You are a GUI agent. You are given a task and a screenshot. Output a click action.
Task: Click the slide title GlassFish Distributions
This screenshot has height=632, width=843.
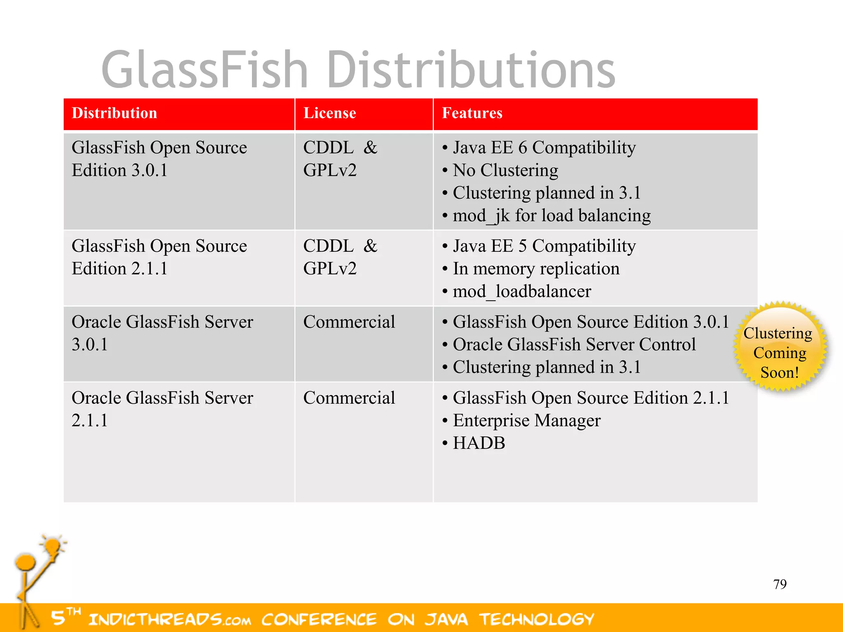click(358, 70)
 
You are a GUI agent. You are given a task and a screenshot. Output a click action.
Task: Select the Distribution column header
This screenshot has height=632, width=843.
click(114, 113)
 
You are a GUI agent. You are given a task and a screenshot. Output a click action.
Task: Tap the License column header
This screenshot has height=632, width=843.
click(329, 113)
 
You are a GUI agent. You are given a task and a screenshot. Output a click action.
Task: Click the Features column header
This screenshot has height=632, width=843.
click(472, 113)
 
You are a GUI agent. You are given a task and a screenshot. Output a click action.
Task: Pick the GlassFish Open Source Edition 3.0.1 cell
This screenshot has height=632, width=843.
click(159, 159)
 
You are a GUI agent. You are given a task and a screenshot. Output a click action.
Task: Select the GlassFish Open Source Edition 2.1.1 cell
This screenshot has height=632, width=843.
click(159, 257)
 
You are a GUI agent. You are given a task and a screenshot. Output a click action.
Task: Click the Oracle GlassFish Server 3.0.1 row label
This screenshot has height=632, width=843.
click(162, 333)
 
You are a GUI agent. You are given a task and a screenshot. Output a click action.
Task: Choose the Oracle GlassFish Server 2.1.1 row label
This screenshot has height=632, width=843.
click(162, 409)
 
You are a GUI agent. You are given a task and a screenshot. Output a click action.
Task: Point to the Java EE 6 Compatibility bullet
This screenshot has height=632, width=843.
click(544, 148)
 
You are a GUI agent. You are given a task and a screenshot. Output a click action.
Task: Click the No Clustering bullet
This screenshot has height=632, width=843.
click(505, 170)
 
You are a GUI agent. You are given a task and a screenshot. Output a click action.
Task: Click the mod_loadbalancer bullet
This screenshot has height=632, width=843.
click(522, 291)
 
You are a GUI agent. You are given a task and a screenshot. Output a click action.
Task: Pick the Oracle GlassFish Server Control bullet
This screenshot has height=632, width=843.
click(574, 344)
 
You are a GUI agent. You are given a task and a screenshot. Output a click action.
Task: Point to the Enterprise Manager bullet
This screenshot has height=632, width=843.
click(526, 421)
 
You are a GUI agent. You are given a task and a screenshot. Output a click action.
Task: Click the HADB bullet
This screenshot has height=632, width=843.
click(479, 443)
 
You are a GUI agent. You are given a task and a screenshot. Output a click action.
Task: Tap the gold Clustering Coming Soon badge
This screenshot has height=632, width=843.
click(779, 347)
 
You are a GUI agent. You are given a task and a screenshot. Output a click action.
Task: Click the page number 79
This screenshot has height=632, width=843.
click(780, 584)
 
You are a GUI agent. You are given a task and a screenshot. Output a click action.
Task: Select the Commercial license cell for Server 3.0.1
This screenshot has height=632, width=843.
click(349, 322)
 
